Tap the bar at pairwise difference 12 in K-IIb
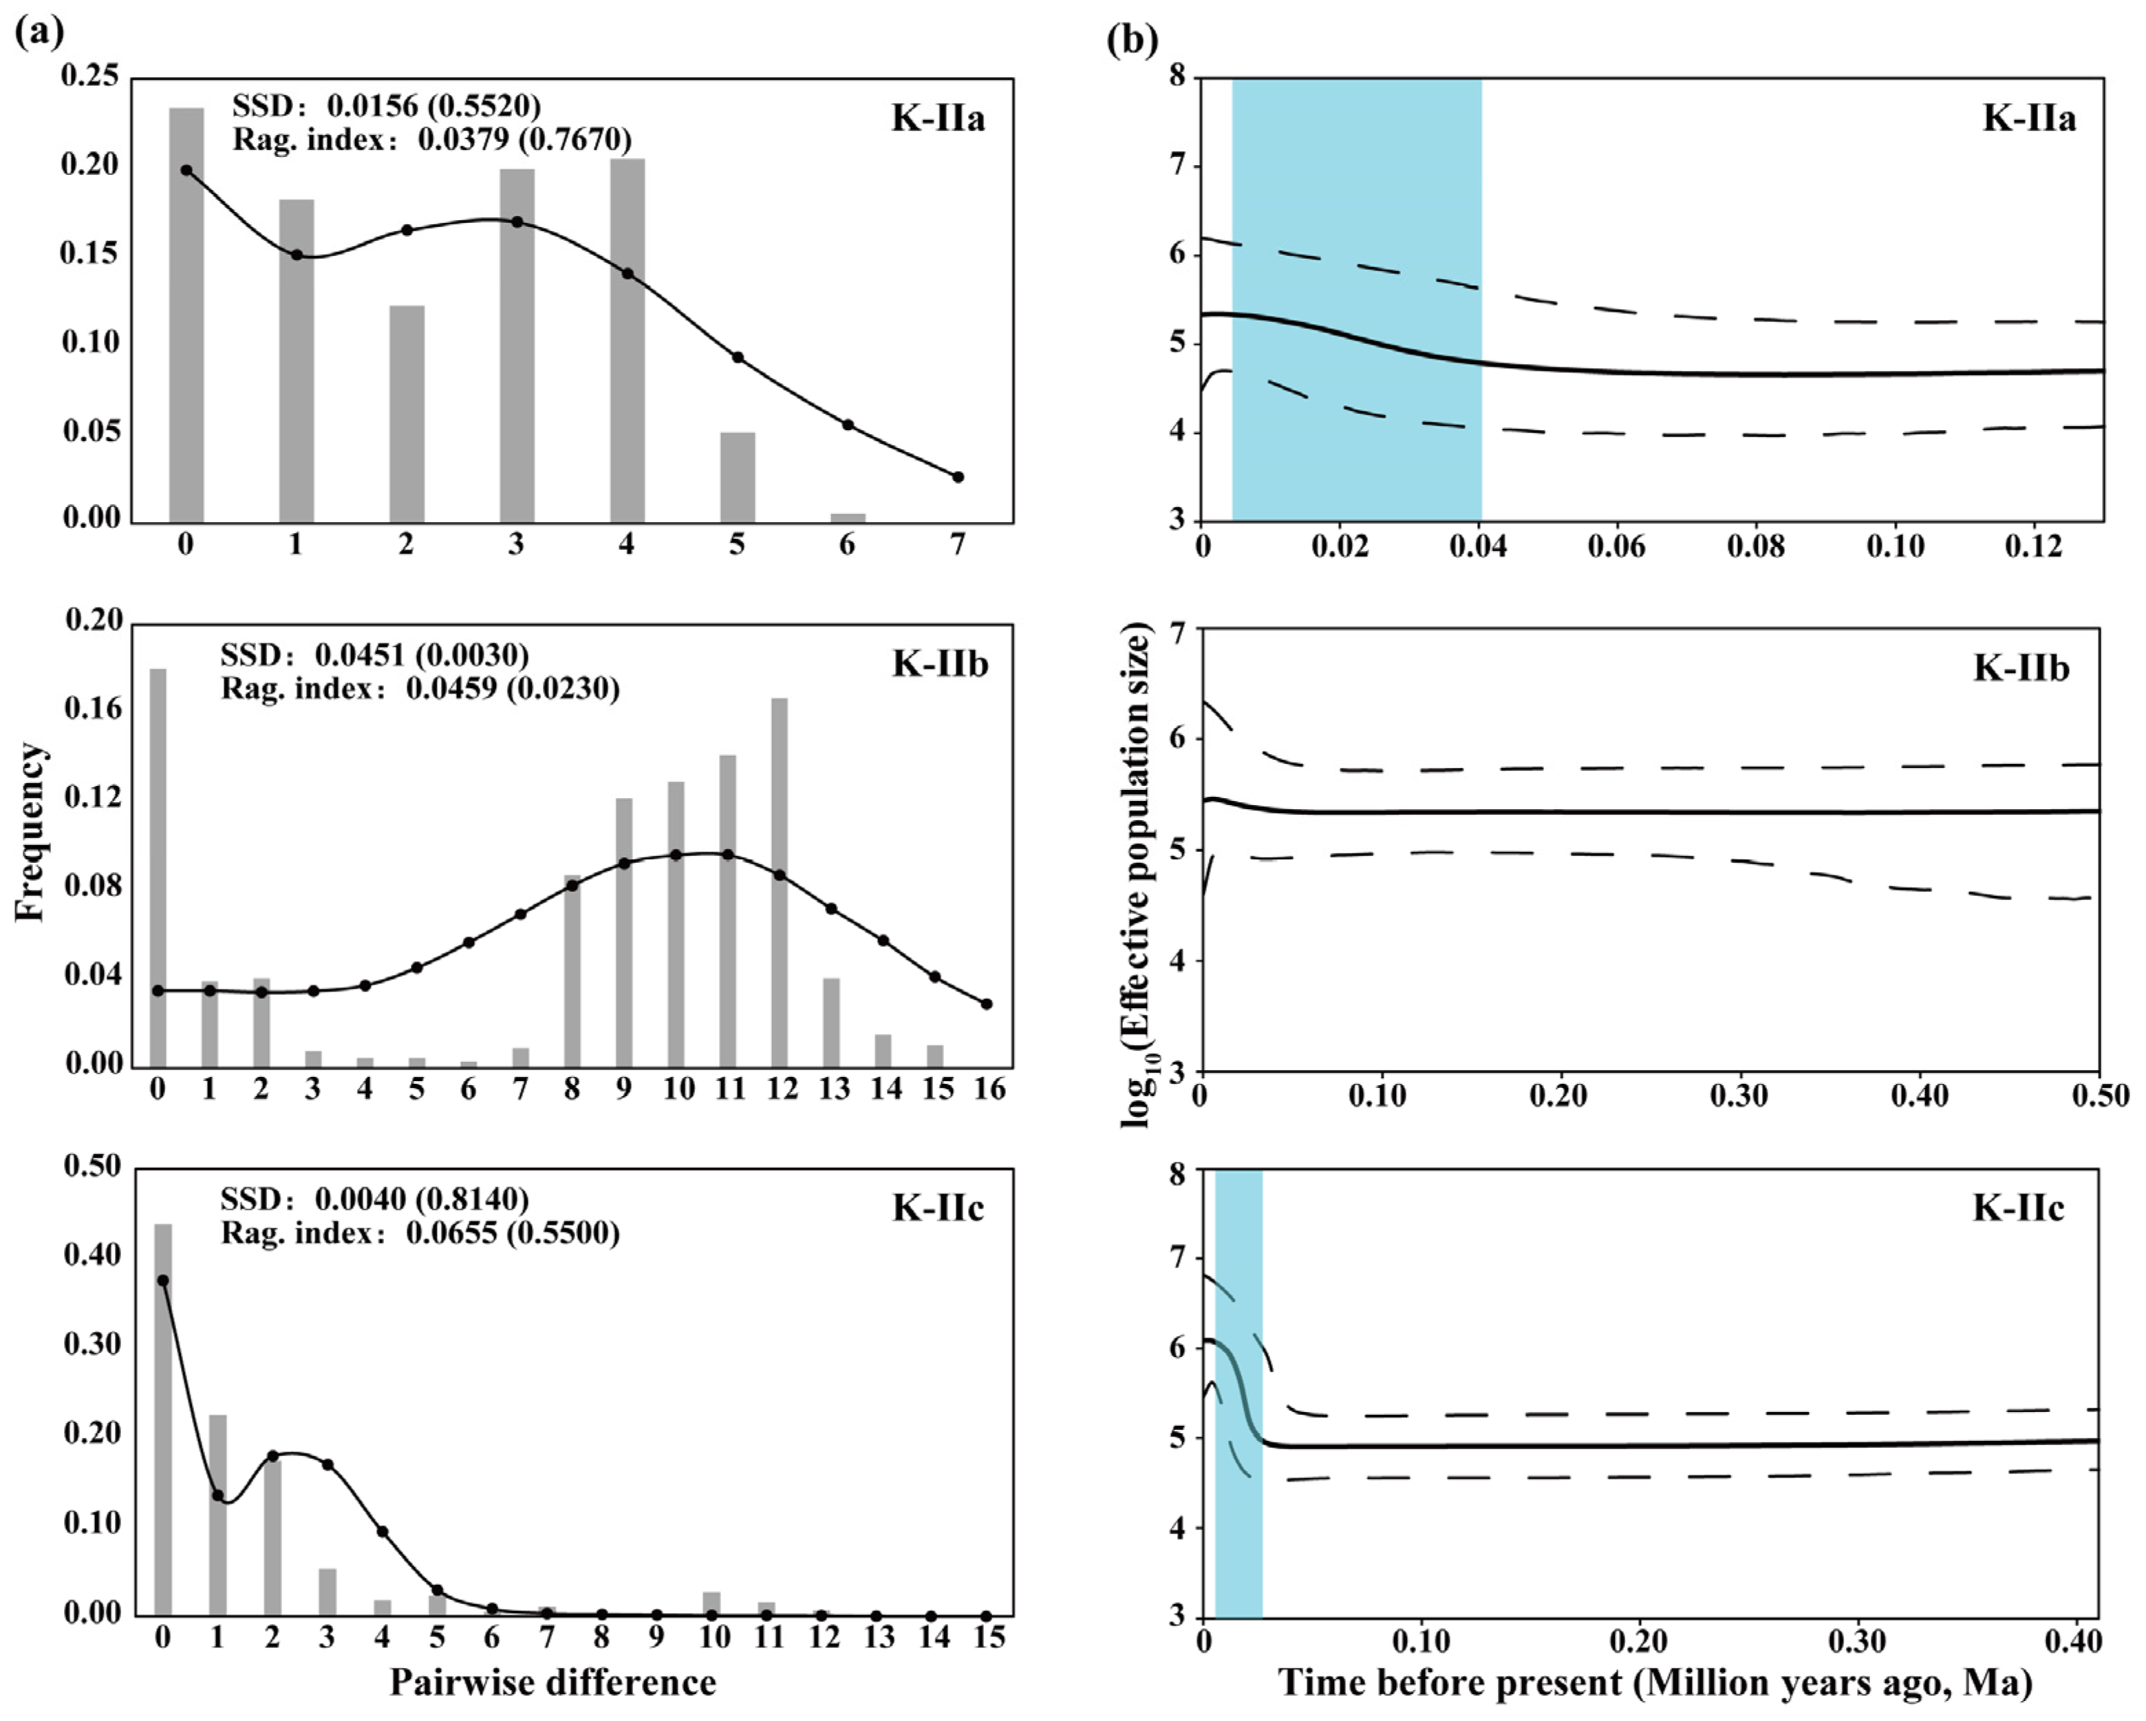[x=780, y=881]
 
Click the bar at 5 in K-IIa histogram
[x=738, y=477]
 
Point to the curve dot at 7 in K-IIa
[x=958, y=477]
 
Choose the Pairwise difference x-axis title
[x=552, y=1682]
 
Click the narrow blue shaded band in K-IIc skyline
[x=1238, y=1393]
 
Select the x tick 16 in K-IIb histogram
[x=989, y=1089]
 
